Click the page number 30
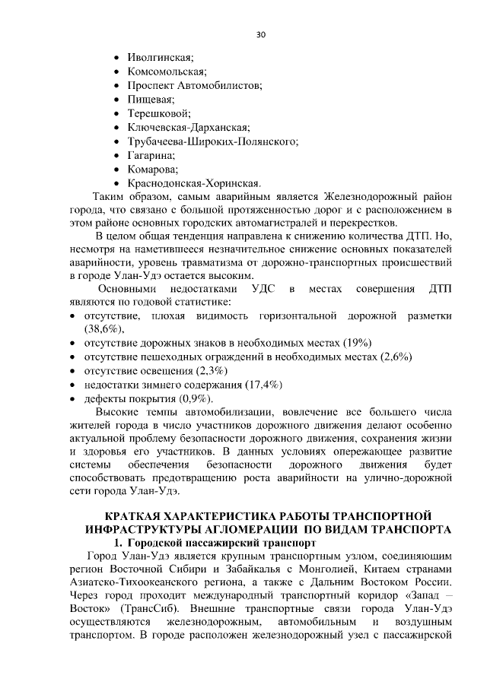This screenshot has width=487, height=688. click(260, 35)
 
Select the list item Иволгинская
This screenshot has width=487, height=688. click(161, 58)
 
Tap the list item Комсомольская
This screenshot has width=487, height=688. click(167, 71)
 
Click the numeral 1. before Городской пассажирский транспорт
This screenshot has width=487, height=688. click(119, 543)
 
